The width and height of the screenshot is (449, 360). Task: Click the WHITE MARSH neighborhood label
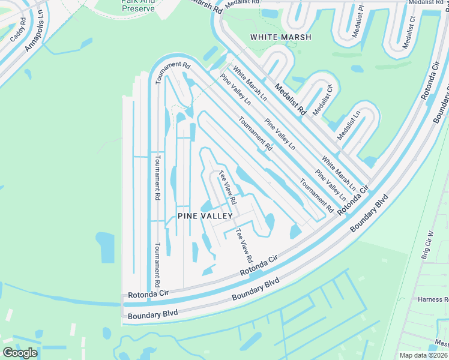pyautogui.click(x=281, y=37)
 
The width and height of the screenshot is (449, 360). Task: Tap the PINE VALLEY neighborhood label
pyautogui.click(x=205, y=215)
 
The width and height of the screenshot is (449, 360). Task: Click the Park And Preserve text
pyautogui.click(x=137, y=5)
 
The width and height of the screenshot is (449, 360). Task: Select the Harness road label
pyautogui.click(x=433, y=299)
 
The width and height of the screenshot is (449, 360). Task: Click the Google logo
pyautogui.click(x=20, y=352)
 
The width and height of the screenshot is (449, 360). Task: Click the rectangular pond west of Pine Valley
pyautogui.click(x=104, y=247)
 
